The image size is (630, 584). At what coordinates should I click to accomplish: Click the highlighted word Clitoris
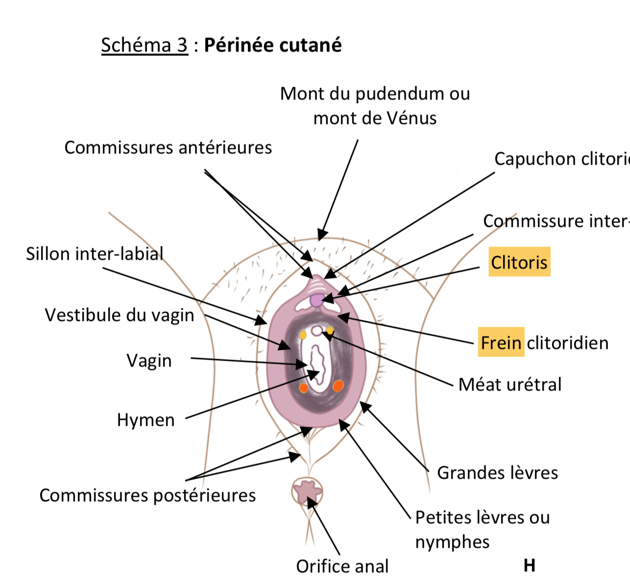(x=519, y=262)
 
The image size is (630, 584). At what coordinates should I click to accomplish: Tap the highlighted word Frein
(x=501, y=342)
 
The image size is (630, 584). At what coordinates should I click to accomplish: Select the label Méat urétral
(x=509, y=385)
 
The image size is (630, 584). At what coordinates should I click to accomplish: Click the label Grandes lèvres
(x=497, y=473)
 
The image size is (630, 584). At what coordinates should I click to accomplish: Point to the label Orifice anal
(x=342, y=566)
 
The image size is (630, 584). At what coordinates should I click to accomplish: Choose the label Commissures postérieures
(x=147, y=495)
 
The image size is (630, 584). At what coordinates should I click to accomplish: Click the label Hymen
(x=145, y=420)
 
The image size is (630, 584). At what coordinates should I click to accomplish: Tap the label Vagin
(x=149, y=361)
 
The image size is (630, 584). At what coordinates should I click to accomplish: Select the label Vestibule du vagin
(x=120, y=315)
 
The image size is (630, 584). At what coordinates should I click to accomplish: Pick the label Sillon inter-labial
(x=95, y=254)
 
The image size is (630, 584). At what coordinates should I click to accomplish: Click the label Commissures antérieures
(x=168, y=147)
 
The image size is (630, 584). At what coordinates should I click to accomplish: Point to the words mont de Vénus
(x=375, y=118)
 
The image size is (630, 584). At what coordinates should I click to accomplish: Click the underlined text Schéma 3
(x=145, y=45)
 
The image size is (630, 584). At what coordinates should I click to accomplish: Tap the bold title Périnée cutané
(x=273, y=45)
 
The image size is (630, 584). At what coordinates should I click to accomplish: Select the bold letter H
(x=529, y=566)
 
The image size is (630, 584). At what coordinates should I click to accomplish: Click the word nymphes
(x=452, y=542)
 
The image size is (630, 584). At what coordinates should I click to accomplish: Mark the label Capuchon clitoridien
(x=561, y=159)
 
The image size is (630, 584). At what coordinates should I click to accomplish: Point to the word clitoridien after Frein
(x=567, y=342)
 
